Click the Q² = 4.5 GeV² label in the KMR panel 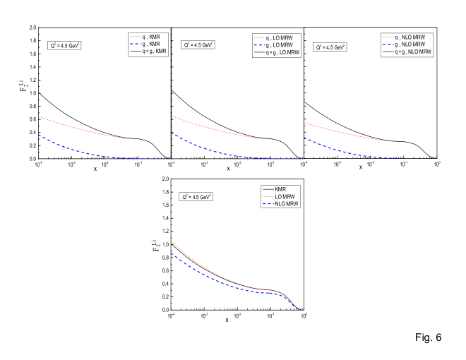click(64, 45)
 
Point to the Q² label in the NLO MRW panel click(329, 47)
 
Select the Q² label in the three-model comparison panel click(196, 197)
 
